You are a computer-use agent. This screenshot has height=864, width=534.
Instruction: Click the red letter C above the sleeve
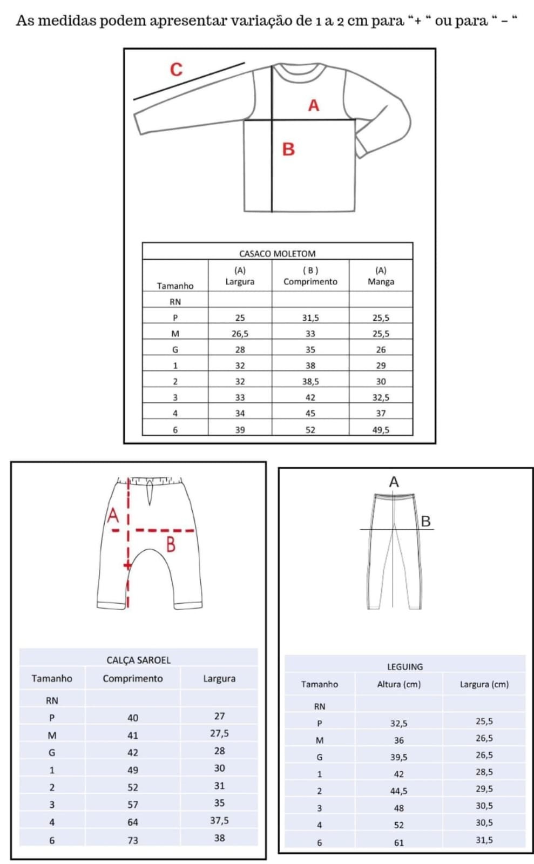[x=176, y=70]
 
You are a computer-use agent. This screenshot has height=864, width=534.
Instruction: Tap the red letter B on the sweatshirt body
[x=288, y=149]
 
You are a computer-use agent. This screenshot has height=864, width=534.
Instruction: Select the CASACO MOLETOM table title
[x=277, y=253]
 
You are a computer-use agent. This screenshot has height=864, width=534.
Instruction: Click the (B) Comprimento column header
[x=310, y=276]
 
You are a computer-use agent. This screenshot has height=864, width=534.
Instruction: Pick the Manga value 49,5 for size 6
[x=381, y=430]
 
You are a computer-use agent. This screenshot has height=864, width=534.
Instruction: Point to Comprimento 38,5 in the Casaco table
[x=310, y=381]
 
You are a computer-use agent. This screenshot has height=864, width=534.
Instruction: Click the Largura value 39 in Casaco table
[x=240, y=430]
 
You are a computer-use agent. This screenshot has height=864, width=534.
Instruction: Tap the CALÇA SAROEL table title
[x=138, y=660]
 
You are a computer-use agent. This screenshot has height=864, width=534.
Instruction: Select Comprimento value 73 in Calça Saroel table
[x=133, y=840]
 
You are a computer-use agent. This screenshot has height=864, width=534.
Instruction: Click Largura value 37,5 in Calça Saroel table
[x=219, y=820]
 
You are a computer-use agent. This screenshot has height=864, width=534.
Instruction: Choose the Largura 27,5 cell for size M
[x=219, y=733]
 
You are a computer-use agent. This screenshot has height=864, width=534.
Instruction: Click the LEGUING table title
[x=405, y=666]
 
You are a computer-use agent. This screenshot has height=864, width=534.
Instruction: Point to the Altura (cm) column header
[x=398, y=684]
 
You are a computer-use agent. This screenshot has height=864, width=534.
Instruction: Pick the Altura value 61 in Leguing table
[x=398, y=842]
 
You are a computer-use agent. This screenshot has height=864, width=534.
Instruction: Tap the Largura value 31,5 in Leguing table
[x=484, y=840]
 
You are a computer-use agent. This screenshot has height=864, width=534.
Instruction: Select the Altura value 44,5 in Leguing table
[x=398, y=791]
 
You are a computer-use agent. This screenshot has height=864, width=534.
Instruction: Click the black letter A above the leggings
[x=394, y=482]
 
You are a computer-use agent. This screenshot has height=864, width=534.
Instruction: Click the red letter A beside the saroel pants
[x=113, y=516]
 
